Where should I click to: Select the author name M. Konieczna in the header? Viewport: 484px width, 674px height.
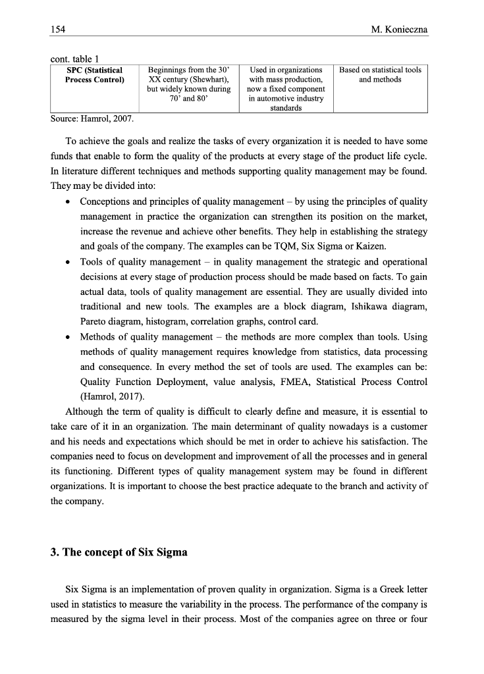point(400,29)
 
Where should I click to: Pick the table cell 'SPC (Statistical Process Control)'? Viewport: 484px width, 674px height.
point(95,75)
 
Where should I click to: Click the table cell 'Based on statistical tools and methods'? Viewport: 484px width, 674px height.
point(380,75)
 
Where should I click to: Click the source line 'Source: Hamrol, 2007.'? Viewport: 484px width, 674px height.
point(92,119)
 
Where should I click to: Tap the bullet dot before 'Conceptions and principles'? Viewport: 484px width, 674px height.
point(68,202)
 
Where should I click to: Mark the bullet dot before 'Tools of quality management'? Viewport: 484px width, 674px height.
point(68,262)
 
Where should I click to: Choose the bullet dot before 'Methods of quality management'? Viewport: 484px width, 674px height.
point(68,337)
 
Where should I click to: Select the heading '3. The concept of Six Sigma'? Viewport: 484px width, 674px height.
point(119,552)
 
